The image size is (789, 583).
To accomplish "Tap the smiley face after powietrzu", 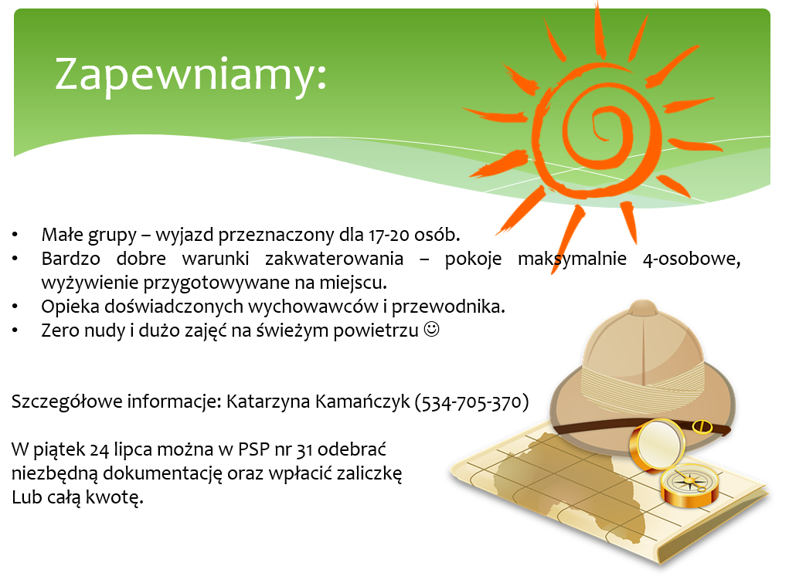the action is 432,330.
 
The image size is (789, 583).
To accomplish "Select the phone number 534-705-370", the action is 471,402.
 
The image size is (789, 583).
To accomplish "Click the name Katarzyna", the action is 267,402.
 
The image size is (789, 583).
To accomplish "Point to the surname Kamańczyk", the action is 362,402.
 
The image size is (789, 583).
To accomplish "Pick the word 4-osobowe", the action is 692,259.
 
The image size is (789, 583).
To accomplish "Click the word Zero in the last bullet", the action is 60,330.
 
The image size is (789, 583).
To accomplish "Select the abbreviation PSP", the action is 253,449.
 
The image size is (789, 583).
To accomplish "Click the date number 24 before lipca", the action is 99,449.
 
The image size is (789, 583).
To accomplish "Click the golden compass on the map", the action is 689,484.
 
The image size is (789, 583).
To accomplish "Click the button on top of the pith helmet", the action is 643,307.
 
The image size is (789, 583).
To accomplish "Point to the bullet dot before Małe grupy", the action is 15,235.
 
